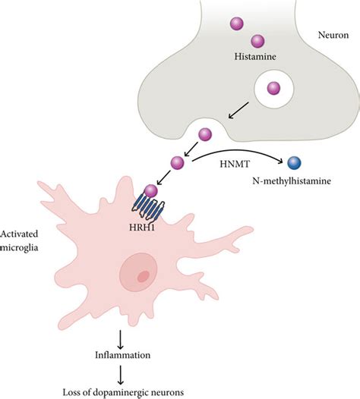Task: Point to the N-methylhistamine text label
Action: [x=295, y=183]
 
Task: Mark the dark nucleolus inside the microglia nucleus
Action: [x=143, y=276]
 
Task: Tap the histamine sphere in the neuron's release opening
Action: [x=203, y=135]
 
